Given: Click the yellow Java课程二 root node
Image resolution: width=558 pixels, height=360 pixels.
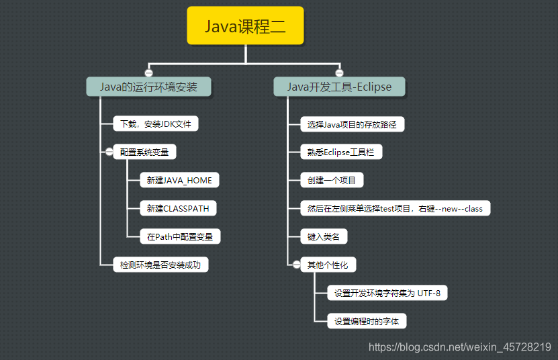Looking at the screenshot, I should click(245, 26).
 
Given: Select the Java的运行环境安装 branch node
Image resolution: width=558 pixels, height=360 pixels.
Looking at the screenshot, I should click(149, 87).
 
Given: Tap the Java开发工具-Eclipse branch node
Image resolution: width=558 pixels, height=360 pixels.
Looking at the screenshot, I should click(339, 87).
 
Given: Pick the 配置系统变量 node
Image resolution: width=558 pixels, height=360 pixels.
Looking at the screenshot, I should click(144, 152).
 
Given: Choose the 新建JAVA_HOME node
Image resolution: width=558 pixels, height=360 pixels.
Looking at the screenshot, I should click(180, 181).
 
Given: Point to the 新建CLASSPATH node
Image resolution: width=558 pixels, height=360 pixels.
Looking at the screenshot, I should click(178, 208).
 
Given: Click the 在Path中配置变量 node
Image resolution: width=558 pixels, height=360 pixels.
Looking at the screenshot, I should click(181, 236).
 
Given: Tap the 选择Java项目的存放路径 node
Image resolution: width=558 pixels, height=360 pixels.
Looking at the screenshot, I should click(353, 124).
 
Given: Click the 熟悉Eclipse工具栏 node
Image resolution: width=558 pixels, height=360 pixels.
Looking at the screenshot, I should click(341, 152).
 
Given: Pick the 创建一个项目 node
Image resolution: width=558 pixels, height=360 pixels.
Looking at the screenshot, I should click(332, 180).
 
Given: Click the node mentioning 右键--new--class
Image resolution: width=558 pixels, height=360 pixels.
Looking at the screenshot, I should click(395, 208).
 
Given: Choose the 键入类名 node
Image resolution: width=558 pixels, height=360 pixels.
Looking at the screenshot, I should click(324, 236).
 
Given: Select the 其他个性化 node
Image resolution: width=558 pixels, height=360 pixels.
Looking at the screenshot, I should click(328, 265).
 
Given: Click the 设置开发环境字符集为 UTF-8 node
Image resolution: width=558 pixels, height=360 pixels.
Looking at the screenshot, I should click(387, 293).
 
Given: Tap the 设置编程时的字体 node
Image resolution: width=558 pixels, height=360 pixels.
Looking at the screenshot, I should click(367, 321).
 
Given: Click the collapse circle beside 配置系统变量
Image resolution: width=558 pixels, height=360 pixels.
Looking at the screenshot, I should click(108, 152).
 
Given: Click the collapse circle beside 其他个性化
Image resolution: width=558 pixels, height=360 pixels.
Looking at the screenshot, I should click(296, 265).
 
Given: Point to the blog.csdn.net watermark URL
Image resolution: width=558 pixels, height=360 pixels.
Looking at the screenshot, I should click(460, 347).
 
